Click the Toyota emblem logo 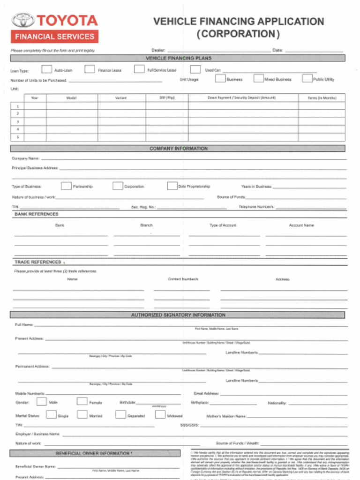(x=23, y=20)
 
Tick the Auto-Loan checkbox (x=46, y=69)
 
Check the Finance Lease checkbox (x=90, y=69)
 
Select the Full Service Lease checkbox (x=139, y=69)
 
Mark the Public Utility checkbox (x=307, y=78)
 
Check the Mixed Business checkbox (x=258, y=78)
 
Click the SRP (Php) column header (x=167, y=98)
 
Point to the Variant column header (x=121, y=98)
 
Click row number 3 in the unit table (x=17, y=121)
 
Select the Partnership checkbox (x=66, y=186)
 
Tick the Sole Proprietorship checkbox (x=172, y=186)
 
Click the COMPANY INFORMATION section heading (x=178, y=149)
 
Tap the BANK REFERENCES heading (x=37, y=214)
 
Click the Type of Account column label (x=223, y=225)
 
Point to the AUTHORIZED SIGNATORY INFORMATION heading (x=178, y=315)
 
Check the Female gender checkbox (x=82, y=401)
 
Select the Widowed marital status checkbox (x=160, y=414)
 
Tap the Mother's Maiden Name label (x=226, y=416)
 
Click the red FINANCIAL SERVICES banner (x=54, y=37)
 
